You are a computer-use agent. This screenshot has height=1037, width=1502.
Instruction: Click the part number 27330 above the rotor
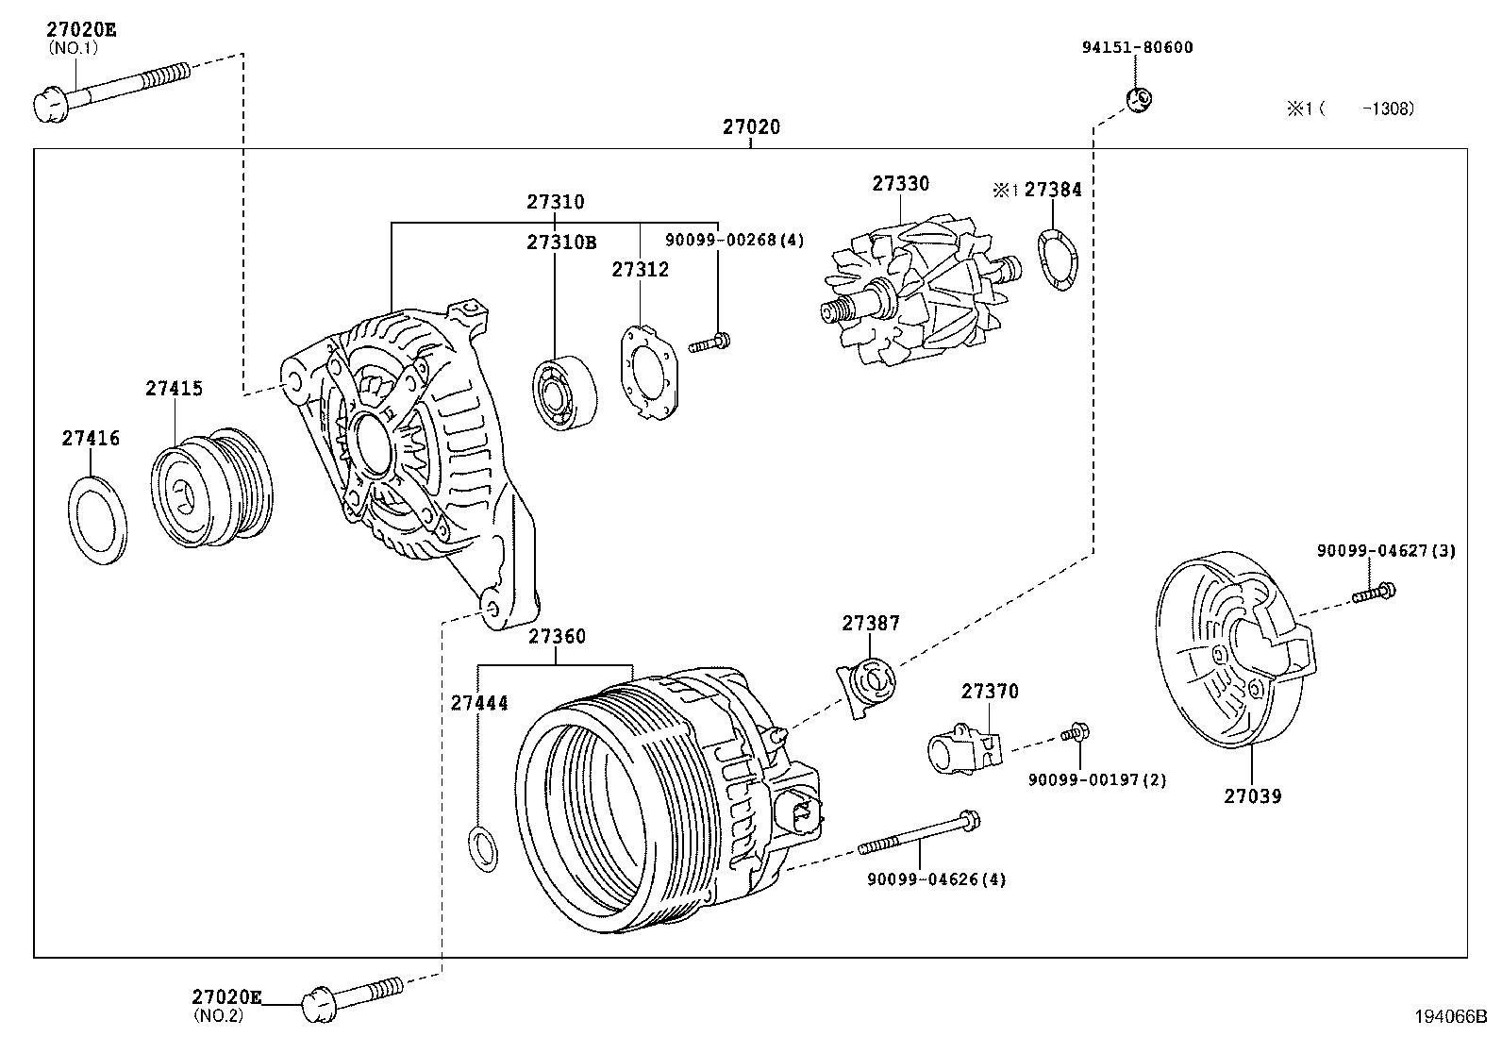point(900,184)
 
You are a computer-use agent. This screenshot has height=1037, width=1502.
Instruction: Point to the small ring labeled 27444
point(484,846)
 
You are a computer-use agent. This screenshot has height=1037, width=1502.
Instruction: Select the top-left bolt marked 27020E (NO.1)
point(108,88)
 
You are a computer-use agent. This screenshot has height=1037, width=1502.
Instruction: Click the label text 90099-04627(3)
point(1386,550)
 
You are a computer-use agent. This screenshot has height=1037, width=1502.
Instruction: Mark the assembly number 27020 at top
point(752,126)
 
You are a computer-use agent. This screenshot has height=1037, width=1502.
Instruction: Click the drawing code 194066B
point(1449,1016)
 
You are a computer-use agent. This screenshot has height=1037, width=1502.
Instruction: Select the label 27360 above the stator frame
point(557,636)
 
